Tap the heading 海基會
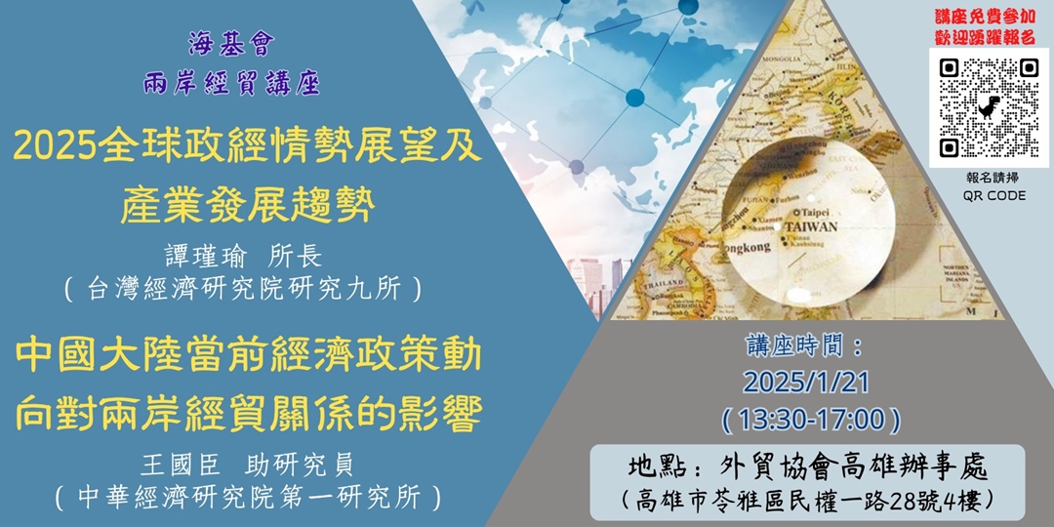pos(231,44)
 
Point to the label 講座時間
pos(803,345)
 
